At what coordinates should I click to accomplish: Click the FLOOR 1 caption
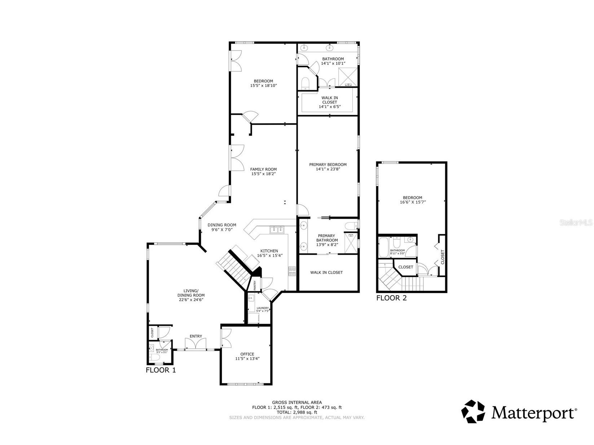tap(160, 370)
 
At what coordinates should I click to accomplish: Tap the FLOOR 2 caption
tap(391, 298)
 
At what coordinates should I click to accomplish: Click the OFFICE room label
tap(247, 354)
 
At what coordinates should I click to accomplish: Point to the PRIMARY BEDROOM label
tap(327, 165)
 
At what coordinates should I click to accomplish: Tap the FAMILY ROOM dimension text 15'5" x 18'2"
tap(264, 174)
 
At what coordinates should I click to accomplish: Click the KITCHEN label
tap(269, 251)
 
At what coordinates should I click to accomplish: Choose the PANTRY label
tap(255, 285)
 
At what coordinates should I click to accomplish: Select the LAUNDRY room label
tap(262, 308)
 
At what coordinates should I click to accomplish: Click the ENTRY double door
tap(196, 344)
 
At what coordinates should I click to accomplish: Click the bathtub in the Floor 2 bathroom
tap(383, 247)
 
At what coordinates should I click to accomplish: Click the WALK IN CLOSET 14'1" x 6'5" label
tap(330, 102)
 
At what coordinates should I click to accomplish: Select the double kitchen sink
tap(277, 230)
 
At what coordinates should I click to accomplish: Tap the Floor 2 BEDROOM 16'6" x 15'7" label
tap(412, 200)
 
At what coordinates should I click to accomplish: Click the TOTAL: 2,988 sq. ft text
tap(297, 412)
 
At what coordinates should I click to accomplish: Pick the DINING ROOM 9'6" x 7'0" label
tap(222, 227)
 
